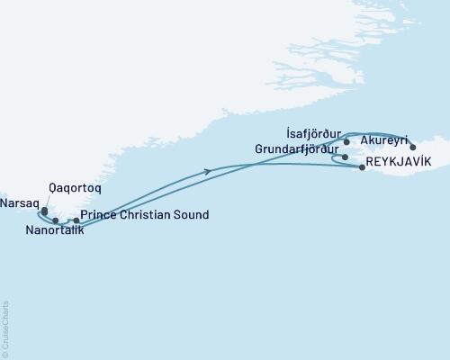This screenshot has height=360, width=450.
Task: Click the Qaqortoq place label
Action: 76,190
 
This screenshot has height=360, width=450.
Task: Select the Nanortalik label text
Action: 55,231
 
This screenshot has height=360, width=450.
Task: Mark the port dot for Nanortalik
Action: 56,220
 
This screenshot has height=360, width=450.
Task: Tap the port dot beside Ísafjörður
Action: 346,141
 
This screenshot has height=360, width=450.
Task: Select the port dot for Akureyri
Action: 413,147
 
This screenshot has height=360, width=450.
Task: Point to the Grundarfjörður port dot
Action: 345,157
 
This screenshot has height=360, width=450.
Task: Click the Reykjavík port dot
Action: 362,166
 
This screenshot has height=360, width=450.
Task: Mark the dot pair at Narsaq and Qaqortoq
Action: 44,212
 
